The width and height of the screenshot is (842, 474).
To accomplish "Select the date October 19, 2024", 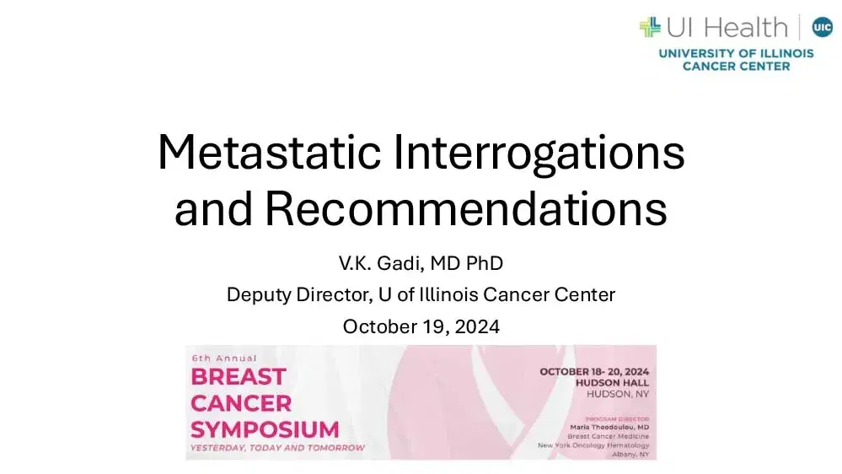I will click(x=421, y=326).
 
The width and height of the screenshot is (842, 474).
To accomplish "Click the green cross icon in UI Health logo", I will click(x=650, y=27).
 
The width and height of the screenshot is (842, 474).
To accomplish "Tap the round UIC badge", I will click(x=822, y=27).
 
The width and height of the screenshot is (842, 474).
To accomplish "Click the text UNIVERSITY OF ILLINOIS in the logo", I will click(x=736, y=53).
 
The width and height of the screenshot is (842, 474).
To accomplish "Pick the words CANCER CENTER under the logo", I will click(x=736, y=66).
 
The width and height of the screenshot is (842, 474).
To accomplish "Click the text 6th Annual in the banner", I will click(x=223, y=358).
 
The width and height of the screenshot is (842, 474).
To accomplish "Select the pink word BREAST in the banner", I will click(x=227, y=376).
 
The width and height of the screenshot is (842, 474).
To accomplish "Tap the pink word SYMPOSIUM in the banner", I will click(x=265, y=428).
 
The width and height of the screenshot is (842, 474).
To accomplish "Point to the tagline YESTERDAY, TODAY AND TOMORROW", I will click(x=277, y=448).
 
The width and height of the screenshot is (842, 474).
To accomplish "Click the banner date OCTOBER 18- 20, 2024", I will click(x=595, y=372).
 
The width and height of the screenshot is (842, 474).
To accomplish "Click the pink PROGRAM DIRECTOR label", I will click(x=619, y=417).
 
